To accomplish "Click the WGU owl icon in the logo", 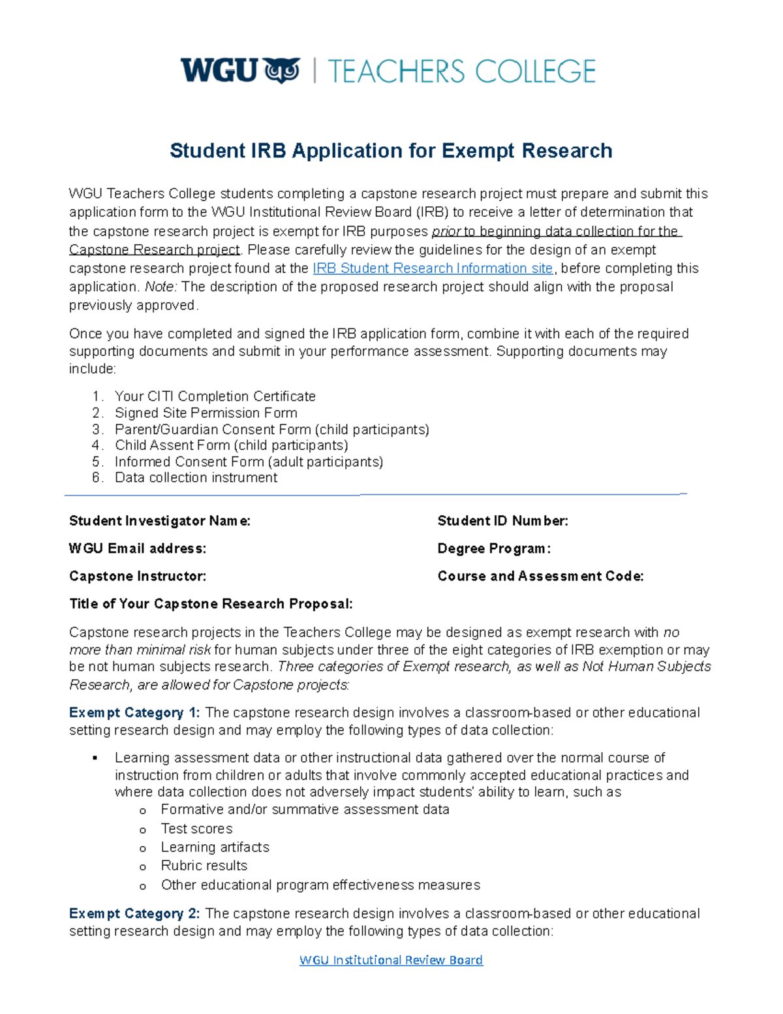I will click(282, 71).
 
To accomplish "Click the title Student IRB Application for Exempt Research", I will click(391, 151).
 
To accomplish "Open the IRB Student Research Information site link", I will click(433, 268).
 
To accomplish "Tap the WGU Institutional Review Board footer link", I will click(391, 960).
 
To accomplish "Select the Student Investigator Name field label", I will click(160, 521).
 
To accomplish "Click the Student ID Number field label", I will click(502, 521).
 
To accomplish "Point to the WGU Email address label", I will click(138, 548).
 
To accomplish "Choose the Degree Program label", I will click(494, 548).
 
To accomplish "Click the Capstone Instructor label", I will click(138, 576).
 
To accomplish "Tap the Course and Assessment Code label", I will click(540, 576).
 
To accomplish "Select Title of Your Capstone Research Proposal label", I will click(211, 604).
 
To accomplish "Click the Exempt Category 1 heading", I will click(134, 712).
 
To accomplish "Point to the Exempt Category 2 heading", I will click(134, 913).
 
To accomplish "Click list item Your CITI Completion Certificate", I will click(215, 396).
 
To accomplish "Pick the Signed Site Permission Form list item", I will click(206, 413).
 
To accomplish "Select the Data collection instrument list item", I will click(196, 477).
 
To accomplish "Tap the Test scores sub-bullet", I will click(196, 829).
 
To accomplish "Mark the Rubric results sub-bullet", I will click(204, 866).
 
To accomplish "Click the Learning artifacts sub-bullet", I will click(215, 847).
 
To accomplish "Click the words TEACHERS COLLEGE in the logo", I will click(461, 71).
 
